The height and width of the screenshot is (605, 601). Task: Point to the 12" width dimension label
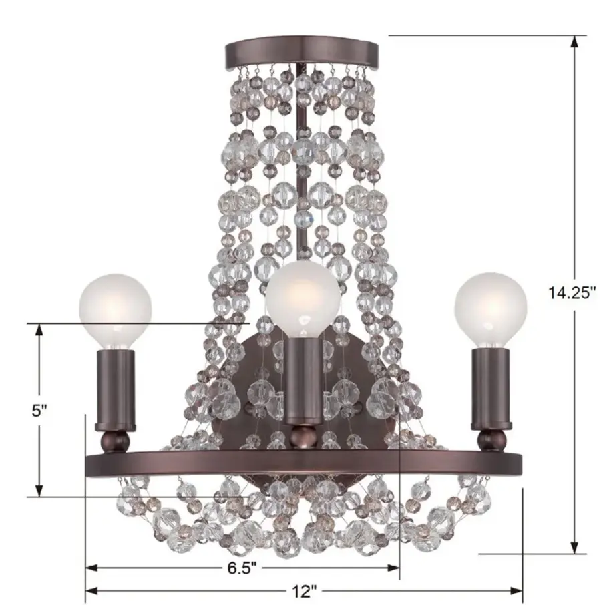coord(304,591)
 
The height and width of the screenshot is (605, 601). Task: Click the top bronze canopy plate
coord(302,52)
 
